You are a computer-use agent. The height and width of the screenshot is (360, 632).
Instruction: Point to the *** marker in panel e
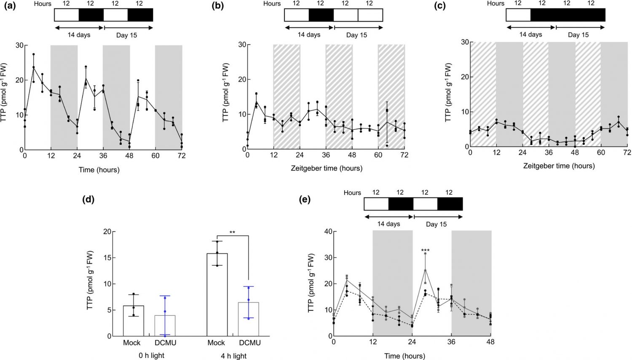425,251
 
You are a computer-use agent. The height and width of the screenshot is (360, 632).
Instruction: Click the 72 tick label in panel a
182,156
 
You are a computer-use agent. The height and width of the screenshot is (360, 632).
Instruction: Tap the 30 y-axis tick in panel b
242,45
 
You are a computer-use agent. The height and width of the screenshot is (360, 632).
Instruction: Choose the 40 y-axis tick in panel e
328,231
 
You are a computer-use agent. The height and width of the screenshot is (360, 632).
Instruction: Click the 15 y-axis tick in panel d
107,258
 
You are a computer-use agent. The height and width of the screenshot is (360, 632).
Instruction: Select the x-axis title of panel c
559,166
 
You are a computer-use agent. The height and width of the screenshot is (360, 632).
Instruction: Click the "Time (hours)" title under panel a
99,170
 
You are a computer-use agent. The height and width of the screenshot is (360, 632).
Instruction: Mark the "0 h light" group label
151,355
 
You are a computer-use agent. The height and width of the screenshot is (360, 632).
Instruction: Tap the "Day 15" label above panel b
356,35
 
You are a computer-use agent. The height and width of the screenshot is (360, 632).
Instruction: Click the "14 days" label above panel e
389,224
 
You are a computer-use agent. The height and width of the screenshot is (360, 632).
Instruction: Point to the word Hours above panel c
495,3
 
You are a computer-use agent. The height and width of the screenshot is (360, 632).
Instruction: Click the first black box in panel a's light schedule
91,14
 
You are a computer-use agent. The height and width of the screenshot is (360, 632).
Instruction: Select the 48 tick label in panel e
491,341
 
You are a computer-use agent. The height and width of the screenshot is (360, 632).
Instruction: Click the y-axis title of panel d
90,281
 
